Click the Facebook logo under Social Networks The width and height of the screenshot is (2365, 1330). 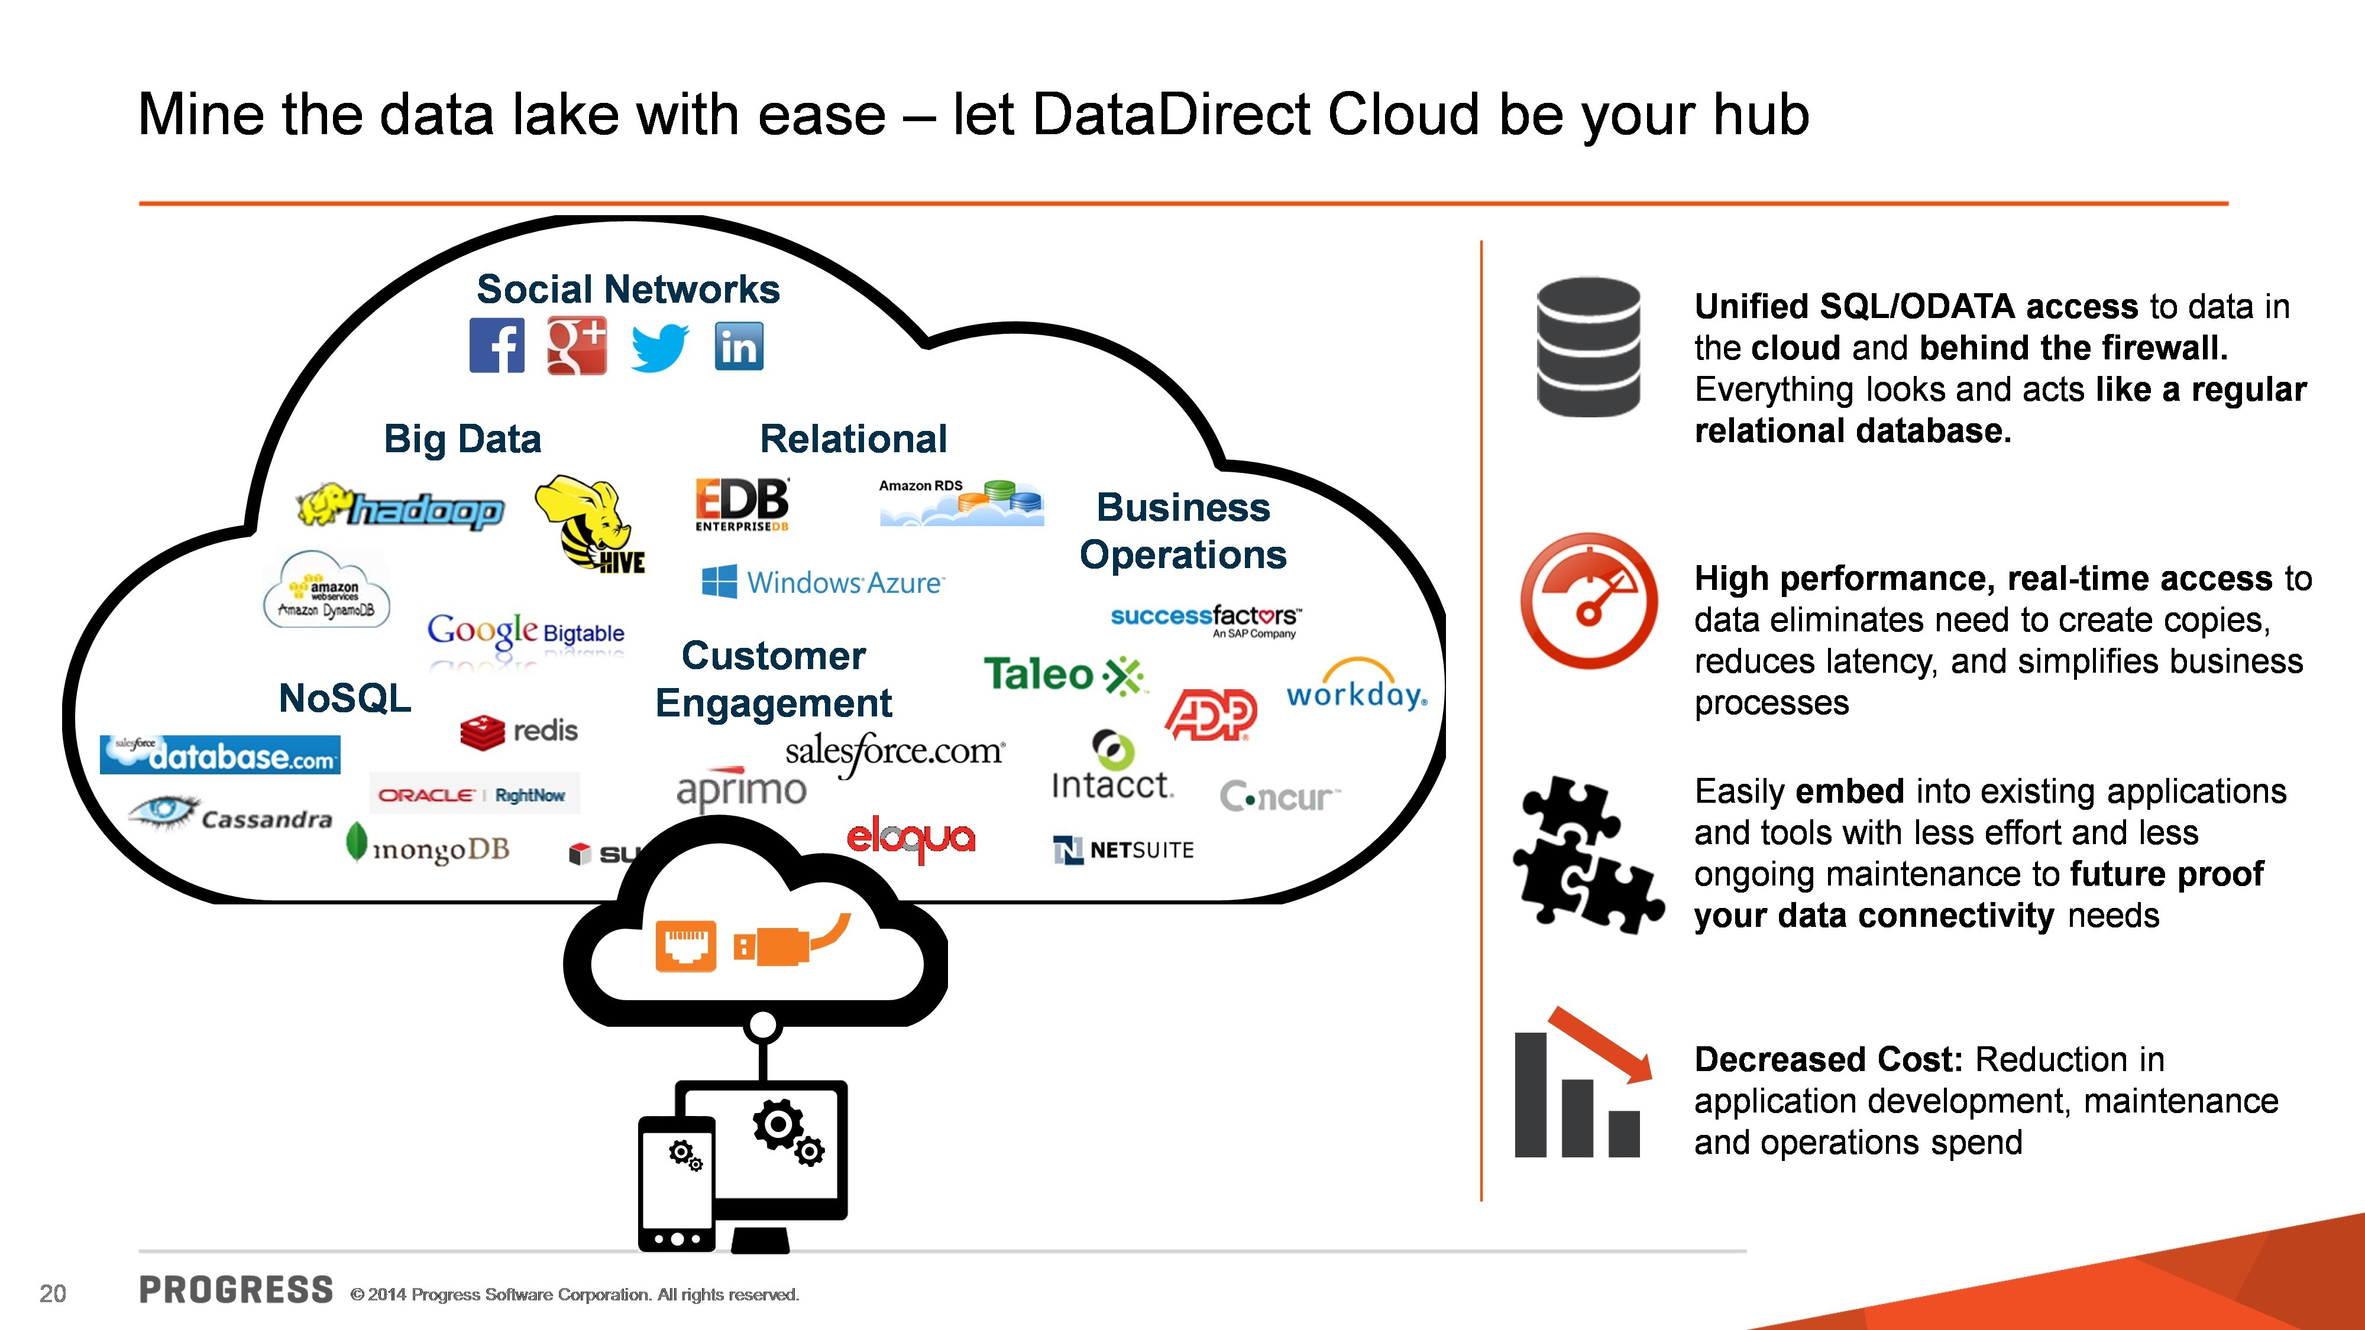point(497,346)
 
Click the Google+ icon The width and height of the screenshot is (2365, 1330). point(577,346)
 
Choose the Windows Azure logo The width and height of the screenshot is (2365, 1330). point(823,582)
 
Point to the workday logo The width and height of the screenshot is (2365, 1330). point(1356,686)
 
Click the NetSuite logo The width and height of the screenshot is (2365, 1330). point(1123,850)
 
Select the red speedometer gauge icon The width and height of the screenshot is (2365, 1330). point(1588,601)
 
